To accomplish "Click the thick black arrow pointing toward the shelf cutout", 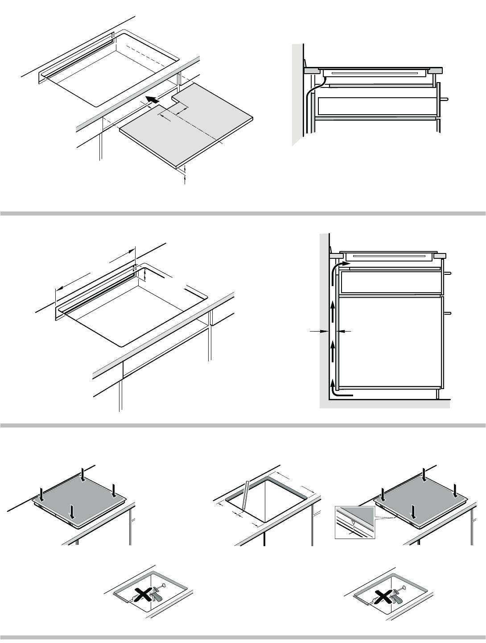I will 152,100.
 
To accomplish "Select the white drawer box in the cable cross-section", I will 377,105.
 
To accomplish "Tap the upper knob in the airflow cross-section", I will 448,273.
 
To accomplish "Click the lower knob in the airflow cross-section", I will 448,313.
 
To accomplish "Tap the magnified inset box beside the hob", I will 355,522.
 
